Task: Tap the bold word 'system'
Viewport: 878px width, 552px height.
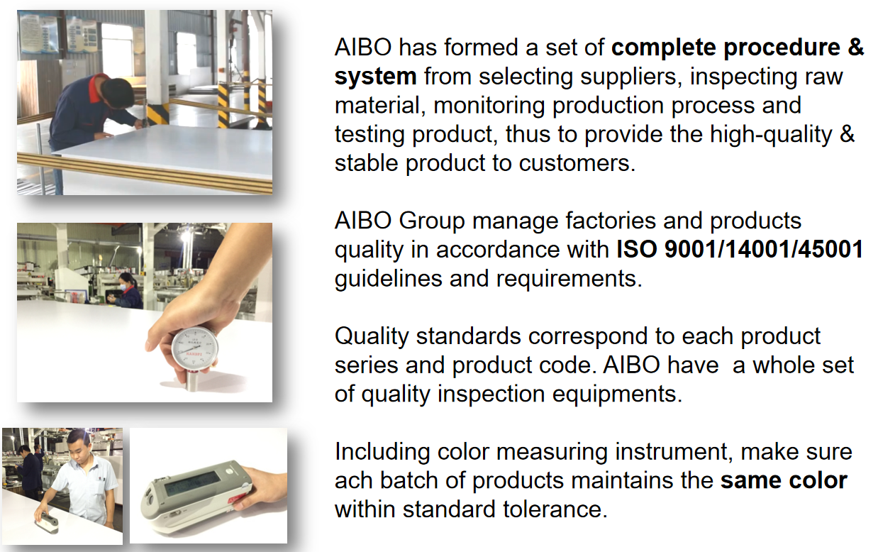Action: pos(375,77)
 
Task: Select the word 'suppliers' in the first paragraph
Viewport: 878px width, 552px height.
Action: pos(628,77)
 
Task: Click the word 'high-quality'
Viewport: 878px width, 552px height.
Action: pos(771,135)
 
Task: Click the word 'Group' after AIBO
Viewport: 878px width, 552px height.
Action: pos(431,221)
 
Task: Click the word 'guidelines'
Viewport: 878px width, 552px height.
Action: pos(388,279)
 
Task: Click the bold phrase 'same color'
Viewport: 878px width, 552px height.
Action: pos(784,481)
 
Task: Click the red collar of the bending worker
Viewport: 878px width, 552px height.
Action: pos(97,88)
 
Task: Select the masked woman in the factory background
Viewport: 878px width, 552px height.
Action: pos(128,292)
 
